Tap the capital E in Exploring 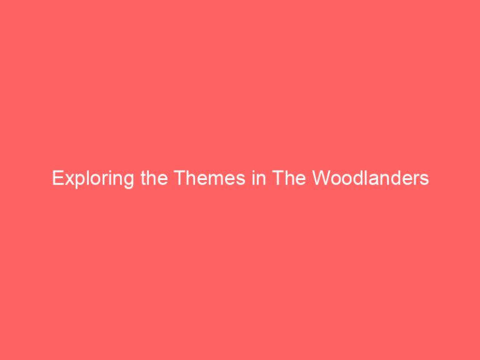pos(57,179)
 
